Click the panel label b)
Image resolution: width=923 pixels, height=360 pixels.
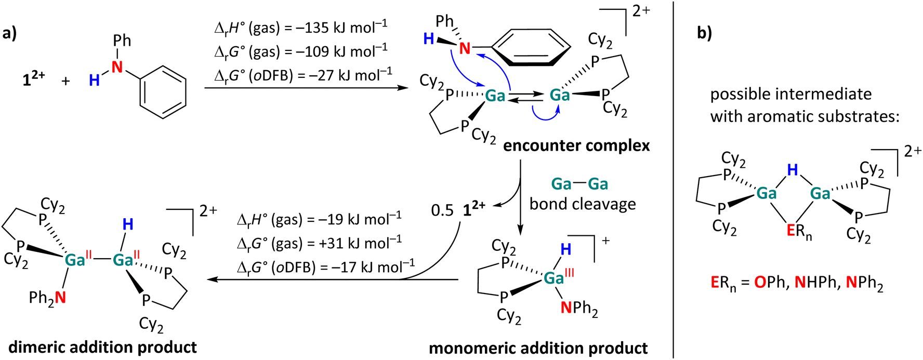coord(704,33)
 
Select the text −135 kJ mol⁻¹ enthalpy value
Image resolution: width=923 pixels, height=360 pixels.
coord(340,27)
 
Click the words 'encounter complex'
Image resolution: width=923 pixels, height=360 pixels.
coord(576,145)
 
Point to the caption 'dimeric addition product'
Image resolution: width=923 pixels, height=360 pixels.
coord(103,347)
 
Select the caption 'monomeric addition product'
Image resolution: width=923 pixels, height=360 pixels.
coord(538,348)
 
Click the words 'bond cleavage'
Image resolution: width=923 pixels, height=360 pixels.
coord(582,204)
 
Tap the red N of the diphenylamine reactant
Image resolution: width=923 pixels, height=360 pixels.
coord(118,66)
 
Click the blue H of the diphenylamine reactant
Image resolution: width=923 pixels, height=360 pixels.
coord(94,80)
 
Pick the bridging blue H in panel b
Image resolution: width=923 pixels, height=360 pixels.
coord(792,170)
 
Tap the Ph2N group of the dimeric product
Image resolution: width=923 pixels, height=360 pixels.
coord(47,298)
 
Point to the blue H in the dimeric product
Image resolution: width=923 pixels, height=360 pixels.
coord(128,224)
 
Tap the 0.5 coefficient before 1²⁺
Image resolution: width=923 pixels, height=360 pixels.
coord(442,210)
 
